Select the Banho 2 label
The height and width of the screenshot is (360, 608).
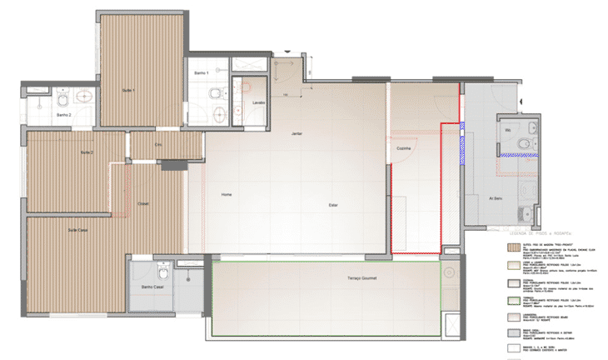coord(64,115)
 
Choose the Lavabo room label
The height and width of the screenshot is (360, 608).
coord(259,103)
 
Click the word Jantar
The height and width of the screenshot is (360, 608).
coord(297,134)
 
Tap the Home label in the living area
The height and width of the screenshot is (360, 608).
coord(226,194)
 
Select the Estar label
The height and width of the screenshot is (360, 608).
coord(333,205)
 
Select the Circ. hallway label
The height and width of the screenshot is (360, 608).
coord(157,145)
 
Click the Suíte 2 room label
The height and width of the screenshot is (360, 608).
coord(87,153)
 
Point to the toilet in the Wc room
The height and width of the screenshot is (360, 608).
coord(523,144)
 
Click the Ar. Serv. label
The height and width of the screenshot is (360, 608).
coord(496,198)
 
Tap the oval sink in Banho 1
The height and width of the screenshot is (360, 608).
coord(218,114)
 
